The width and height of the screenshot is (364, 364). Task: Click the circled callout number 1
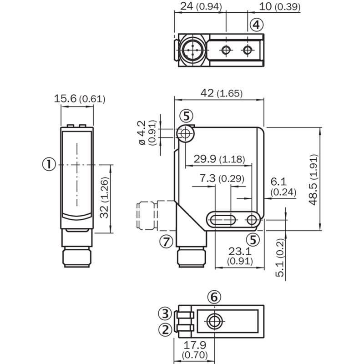coord(49,164)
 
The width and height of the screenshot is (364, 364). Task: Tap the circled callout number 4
coord(257,25)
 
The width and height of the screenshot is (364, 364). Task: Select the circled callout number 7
coord(167,242)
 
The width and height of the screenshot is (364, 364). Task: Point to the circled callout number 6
coord(214,297)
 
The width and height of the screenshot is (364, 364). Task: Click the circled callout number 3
coord(165,313)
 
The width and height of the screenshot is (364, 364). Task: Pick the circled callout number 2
coord(165,329)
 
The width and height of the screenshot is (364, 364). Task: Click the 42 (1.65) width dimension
coord(222,93)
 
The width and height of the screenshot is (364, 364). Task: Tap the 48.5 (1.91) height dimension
coord(313,180)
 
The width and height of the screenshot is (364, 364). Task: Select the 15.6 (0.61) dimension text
coord(80,99)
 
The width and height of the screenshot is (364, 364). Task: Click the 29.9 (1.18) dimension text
coord(219,159)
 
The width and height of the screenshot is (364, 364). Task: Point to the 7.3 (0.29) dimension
coord(222,178)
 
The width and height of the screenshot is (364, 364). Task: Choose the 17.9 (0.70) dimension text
coord(195,350)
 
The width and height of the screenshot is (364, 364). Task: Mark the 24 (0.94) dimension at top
coord(201,6)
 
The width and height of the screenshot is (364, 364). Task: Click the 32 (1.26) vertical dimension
coord(104,197)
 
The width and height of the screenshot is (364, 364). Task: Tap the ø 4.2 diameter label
coord(142,133)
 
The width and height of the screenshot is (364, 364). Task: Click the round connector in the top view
coord(192,50)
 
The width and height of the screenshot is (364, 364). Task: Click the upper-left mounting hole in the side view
coord(185,134)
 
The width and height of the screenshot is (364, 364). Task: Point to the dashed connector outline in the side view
coord(156,215)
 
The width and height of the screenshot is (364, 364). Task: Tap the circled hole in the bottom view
coord(214,321)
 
